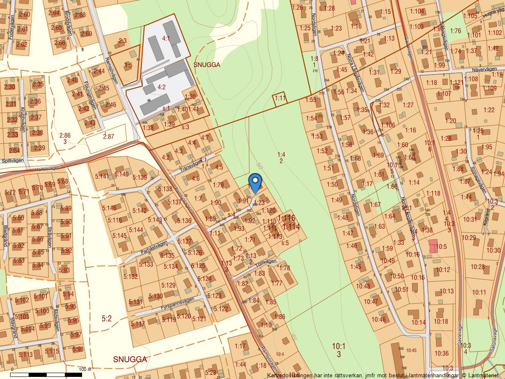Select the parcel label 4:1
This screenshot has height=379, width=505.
pos(166,38)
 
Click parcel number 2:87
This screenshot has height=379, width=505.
pos(108,136)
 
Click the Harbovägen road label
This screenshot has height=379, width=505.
pos(46,168)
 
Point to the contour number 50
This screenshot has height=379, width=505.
pos(259,167)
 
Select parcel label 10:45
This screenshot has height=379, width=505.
pos(411,350)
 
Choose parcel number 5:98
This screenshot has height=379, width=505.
pos(78,349)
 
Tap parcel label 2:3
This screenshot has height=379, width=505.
pos(122,41)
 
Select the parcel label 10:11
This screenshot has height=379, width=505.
pos(479,292)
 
